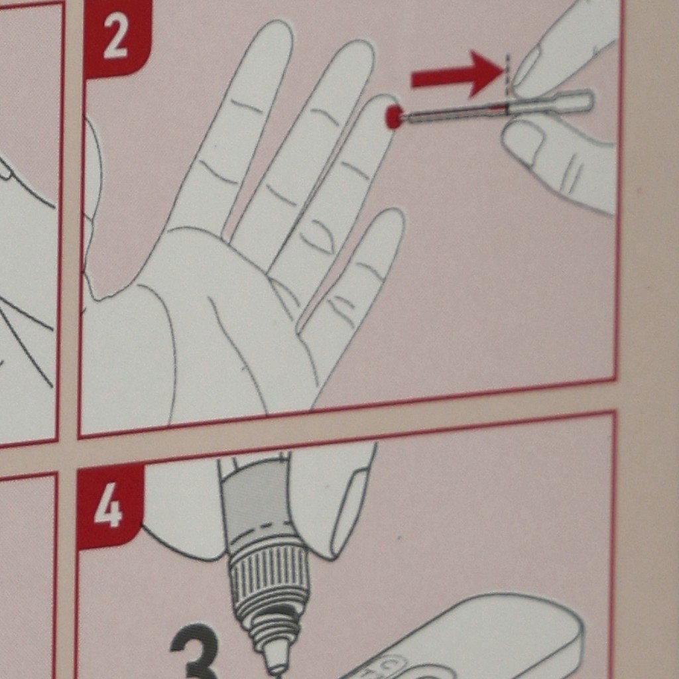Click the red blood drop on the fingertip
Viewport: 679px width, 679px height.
(x=393, y=117)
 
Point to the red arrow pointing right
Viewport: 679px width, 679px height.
(x=458, y=74)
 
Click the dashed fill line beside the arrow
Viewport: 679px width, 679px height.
(x=507, y=73)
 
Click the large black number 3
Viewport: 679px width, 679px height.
(x=195, y=652)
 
